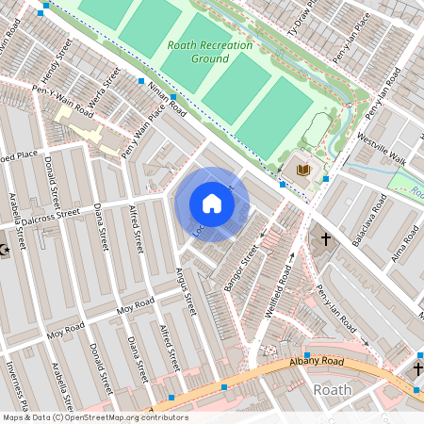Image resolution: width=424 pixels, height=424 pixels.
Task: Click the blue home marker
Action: coord(212,204)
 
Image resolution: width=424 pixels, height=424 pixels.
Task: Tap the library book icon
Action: coord(302,170)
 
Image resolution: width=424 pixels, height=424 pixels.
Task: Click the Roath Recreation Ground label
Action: coord(198,52)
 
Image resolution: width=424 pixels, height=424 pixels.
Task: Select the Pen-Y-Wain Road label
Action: coord(62,100)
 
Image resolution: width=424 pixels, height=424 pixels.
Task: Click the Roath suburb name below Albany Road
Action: coord(332,389)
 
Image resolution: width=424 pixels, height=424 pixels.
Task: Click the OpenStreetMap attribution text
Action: coord(94,417)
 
